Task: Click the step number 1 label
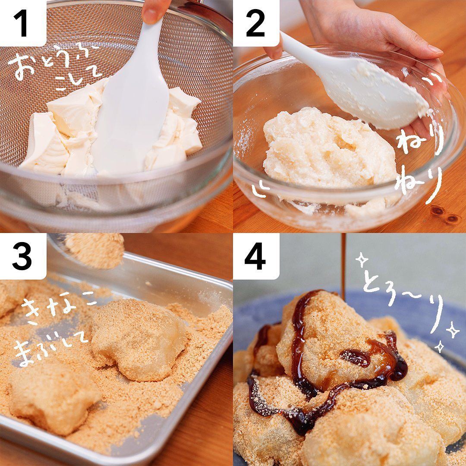(x=22, y=22)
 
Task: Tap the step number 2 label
(x=255, y=23)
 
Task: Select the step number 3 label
(x=22, y=256)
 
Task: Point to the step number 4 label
(x=255, y=256)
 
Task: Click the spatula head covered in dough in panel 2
(x=384, y=95)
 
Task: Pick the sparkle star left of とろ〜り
(x=362, y=260)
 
